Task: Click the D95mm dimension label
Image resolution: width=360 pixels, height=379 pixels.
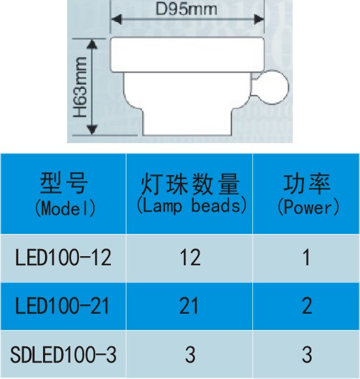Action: coord(187,9)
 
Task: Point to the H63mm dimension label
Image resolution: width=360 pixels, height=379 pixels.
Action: coord(80,87)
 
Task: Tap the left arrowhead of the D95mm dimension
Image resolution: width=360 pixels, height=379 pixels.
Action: coord(117,20)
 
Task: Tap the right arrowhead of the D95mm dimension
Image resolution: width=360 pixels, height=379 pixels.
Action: coord(259,20)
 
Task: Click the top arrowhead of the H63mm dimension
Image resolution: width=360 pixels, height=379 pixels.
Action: coord(92,44)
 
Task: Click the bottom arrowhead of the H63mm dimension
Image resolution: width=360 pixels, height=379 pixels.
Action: coord(92,130)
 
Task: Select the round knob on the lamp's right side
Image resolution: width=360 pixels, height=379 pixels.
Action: coord(272,87)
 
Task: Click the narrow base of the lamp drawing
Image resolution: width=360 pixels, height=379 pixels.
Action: coord(187,122)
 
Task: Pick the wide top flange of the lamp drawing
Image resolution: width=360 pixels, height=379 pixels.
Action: coord(187,54)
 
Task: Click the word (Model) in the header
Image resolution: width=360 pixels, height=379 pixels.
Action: coord(65,208)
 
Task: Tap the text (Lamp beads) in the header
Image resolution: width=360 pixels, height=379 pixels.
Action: coord(191,206)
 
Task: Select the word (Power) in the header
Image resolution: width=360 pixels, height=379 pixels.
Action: coord(308,207)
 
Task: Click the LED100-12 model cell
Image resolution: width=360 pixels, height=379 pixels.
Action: coord(63,257)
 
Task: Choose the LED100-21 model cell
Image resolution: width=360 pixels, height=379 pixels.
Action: coord(62,306)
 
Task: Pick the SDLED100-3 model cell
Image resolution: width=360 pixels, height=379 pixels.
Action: coord(63,355)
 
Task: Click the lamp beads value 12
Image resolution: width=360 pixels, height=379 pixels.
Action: coord(190,257)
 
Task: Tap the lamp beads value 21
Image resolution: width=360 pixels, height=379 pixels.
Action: coord(188,306)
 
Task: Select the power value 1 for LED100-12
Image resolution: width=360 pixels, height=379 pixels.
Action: coord(307,257)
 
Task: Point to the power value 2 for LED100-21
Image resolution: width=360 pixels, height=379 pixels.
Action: coord(307,306)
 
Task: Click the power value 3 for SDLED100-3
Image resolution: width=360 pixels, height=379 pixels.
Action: coord(307,355)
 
